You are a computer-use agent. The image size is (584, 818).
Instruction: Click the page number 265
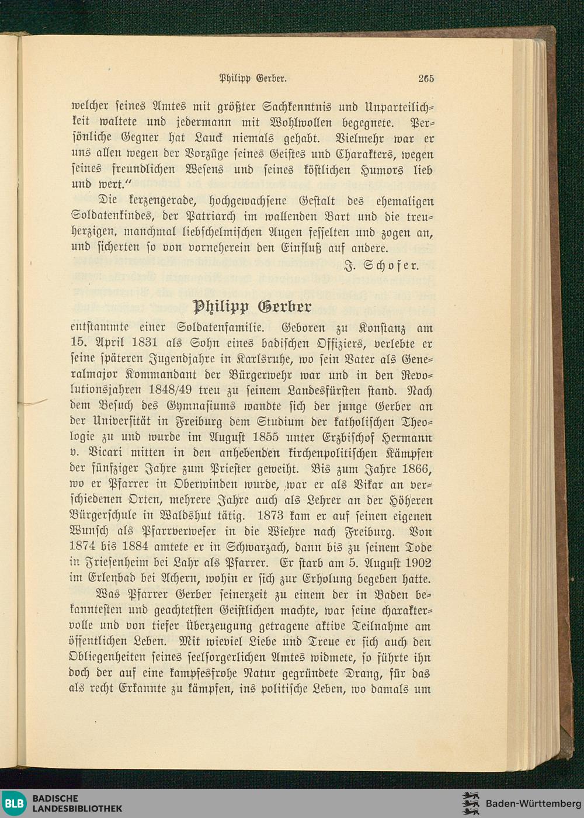click(x=426, y=78)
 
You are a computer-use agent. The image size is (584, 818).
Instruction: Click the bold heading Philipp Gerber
click(x=252, y=306)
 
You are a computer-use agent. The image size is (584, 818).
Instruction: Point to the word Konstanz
click(x=382, y=328)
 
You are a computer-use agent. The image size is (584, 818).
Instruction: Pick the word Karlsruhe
click(x=269, y=359)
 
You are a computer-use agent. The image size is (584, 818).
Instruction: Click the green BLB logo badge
click(x=14, y=803)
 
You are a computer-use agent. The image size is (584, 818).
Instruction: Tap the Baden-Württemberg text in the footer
click(x=533, y=803)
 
